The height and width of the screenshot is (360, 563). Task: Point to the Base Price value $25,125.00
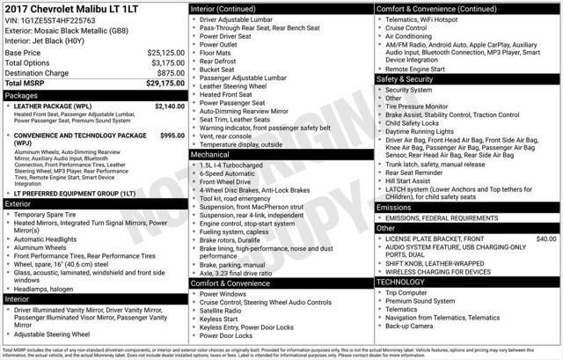click(165, 53)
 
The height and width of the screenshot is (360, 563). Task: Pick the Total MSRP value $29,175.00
click(165, 84)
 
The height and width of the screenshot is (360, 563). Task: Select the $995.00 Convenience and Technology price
click(173, 136)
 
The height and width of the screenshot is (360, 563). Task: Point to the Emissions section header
click(393, 207)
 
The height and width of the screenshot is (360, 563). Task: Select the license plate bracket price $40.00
click(546, 239)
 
